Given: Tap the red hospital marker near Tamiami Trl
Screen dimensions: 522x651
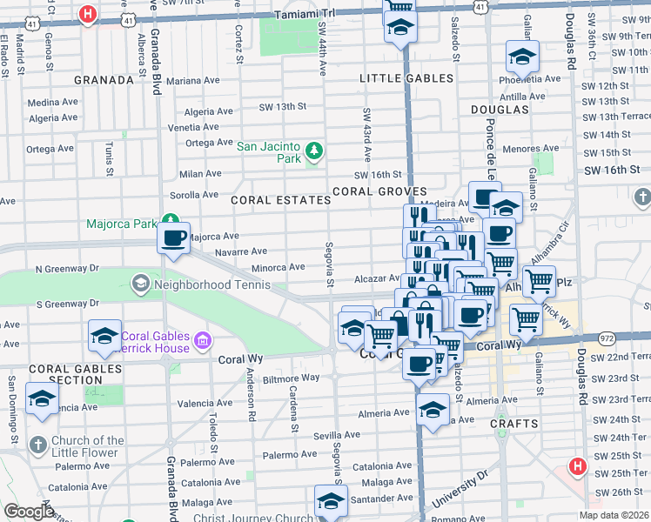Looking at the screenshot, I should click(87, 15).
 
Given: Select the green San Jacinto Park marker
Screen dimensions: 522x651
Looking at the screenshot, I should click(314, 154).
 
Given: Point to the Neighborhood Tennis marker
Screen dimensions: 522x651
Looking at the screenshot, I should click(140, 284).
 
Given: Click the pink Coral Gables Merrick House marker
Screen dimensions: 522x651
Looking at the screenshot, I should click(203, 339).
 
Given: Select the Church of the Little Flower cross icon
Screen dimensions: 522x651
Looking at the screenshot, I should click(37, 445).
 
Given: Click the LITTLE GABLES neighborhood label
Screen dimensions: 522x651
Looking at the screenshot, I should click(406, 78).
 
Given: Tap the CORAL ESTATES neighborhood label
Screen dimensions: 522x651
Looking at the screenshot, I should click(280, 200).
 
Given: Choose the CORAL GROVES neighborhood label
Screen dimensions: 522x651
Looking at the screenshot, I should click(378, 191).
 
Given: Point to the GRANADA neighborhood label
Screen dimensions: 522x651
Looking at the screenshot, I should click(104, 80).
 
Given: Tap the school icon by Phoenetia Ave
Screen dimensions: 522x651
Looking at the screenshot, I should click(522, 58).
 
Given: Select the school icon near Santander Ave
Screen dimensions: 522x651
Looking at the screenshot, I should click(331, 502).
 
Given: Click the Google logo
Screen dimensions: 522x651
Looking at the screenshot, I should click(30, 512).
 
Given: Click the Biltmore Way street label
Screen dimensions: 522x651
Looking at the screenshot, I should click(276, 378).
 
